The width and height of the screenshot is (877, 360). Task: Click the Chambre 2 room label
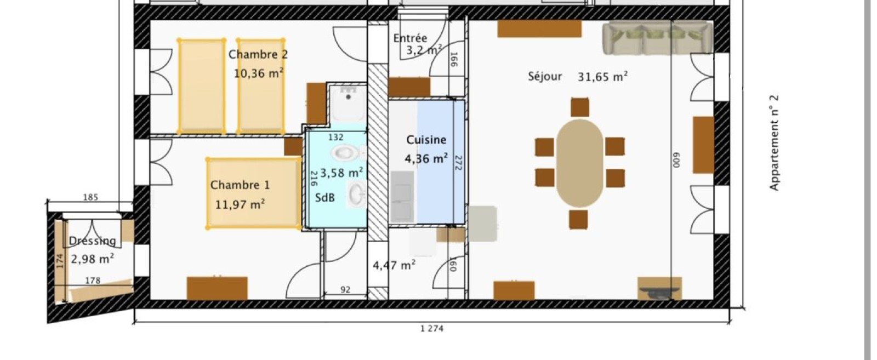(x=258, y=54)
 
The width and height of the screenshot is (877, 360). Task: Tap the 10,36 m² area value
(x=259, y=73)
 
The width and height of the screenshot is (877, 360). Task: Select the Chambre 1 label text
(x=240, y=185)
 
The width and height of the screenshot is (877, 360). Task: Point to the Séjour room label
(x=545, y=76)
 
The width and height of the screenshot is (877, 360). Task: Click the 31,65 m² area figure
(x=603, y=76)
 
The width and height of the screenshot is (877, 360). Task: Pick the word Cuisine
(x=426, y=140)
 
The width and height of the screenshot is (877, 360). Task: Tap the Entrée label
(x=410, y=38)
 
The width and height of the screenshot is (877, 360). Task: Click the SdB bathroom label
(x=325, y=198)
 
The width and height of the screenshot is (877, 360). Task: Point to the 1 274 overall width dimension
(x=432, y=328)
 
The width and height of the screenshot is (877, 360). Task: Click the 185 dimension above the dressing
(x=90, y=197)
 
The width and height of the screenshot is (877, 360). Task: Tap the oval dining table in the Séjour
(x=579, y=163)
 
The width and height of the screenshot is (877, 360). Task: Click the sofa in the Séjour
(x=657, y=38)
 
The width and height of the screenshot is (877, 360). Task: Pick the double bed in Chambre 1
(x=254, y=193)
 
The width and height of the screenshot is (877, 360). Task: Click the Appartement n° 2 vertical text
(x=774, y=143)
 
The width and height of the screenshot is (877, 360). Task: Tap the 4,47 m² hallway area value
(x=394, y=265)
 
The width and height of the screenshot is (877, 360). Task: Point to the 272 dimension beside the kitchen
(x=459, y=163)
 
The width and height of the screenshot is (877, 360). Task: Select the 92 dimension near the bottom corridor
(x=345, y=289)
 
